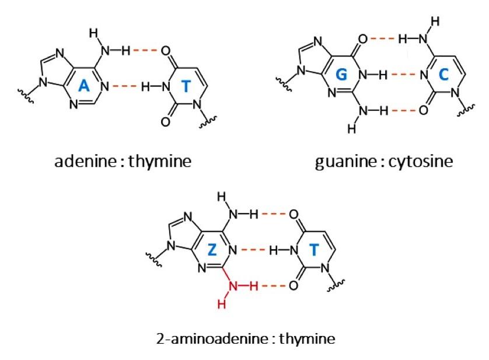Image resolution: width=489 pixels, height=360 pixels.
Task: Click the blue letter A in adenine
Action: pos(83,85)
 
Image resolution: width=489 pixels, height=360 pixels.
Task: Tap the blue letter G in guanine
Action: pos(341,75)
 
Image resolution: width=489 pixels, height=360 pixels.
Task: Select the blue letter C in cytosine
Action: pos(443,75)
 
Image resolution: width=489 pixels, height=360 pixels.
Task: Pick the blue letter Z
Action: pos(212,250)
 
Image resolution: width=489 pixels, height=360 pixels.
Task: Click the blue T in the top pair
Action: pos(186,86)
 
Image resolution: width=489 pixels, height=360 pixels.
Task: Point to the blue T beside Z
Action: pos(314,250)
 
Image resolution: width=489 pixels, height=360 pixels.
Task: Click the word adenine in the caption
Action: pos(85,161)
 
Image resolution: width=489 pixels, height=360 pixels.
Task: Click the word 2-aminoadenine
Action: pos(212,338)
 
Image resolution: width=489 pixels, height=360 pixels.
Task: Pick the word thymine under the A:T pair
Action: pos(160,162)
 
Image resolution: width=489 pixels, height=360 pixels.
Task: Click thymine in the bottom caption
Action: pos(307,339)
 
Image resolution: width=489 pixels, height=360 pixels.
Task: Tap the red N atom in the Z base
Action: pos(233,285)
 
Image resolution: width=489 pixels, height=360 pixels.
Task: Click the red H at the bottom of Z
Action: pos(222,304)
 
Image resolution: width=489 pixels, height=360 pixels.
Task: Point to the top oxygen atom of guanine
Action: pos(363,39)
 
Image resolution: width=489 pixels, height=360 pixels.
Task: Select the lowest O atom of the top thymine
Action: pos(165,121)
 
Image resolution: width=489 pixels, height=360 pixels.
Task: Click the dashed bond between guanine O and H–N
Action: pos(383,39)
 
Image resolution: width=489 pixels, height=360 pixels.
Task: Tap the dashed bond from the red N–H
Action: pos(274,285)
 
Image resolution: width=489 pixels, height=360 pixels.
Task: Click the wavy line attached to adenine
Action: pos(26,96)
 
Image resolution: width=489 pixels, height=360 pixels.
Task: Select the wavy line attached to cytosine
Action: pos(466,110)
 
